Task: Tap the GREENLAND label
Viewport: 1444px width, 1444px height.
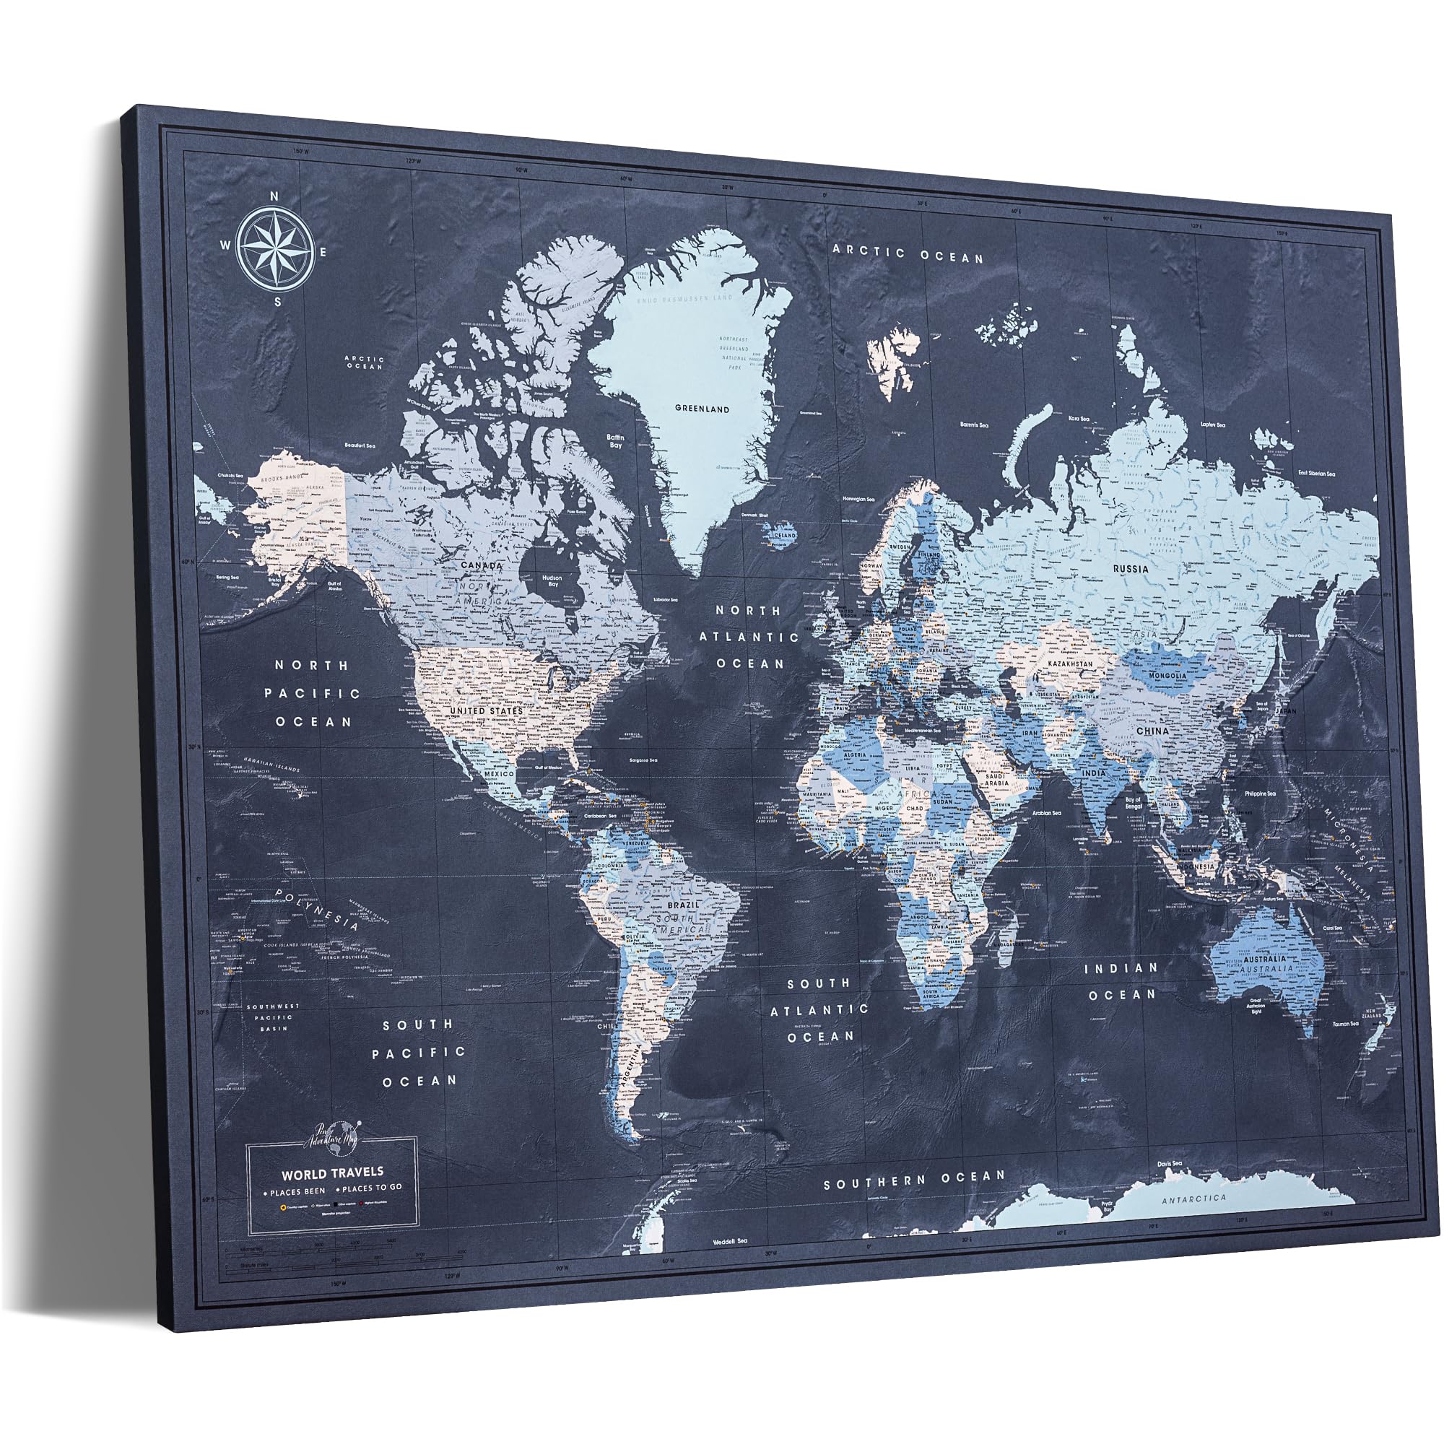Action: click(x=701, y=409)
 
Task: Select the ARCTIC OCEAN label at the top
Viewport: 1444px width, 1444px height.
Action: click(x=908, y=254)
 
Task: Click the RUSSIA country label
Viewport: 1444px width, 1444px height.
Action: click(x=1129, y=569)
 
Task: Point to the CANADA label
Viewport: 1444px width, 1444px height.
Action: click(x=482, y=566)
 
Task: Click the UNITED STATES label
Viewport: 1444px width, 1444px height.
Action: click(x=486, y=710)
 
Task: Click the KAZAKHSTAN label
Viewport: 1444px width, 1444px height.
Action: click(x=1070, y=664)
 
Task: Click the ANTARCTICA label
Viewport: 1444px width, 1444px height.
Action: click(x=1193, y=1198)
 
